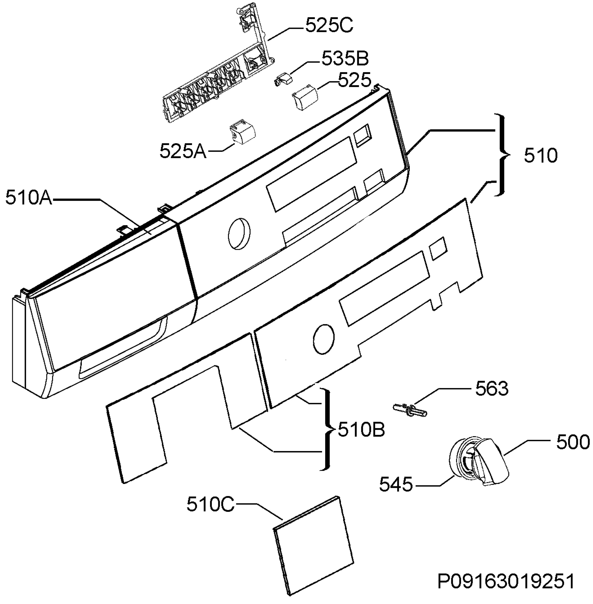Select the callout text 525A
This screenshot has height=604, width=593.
[x=183, y=152]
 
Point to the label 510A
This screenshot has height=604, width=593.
[x=29, y=198]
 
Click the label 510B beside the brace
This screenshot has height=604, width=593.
[x=362, y=430]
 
